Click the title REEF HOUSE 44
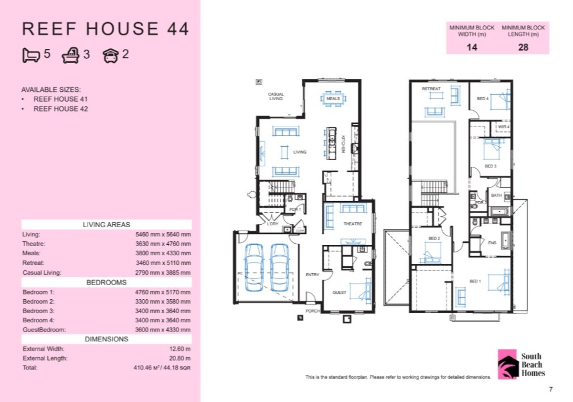pos(106,29)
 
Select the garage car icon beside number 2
pos(110,55)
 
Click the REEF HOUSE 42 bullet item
pos(61,109)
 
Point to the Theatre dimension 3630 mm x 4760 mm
pos(163,244)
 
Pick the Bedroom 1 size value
pos(163,292)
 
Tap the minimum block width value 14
pos(471,47)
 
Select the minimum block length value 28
pos(523,47)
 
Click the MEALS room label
pos(333,98)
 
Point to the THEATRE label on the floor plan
pos(353,224)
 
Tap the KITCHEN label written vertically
pos(343,144)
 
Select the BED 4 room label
pos(483,98)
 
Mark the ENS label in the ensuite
pos(492,243)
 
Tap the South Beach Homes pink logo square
pos(508,364)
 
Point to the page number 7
pos(551,390)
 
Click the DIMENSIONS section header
pos(106,339)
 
